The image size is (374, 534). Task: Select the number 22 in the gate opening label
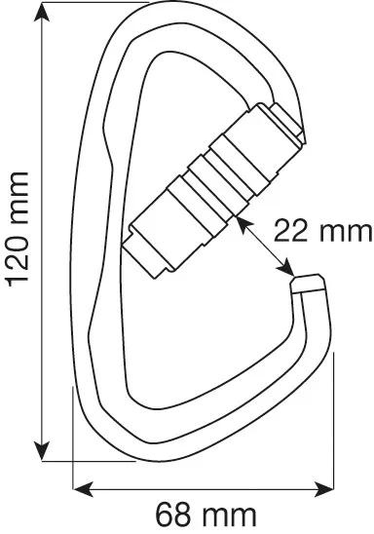coord(291,231)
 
